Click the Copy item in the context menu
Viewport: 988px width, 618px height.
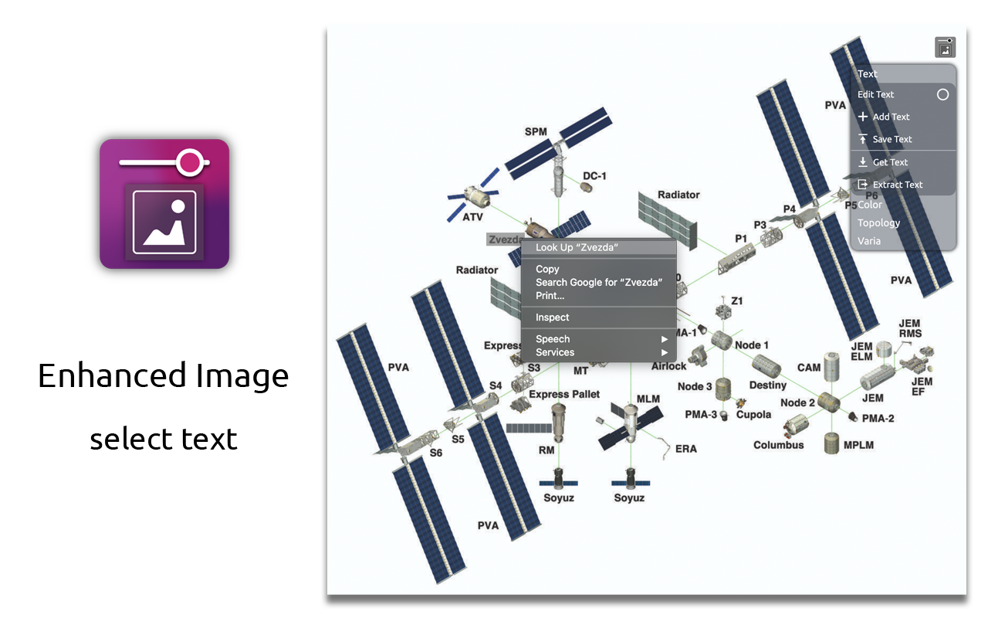pyautogui.click(x=547, y=270)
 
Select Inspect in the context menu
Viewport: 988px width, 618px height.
pyautogui.click(x=553, y=317)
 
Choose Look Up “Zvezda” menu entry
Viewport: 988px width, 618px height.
pyautogui.click(x=577, y=248)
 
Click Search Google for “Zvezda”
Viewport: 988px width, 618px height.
pyautogui.click(x=599, y=283)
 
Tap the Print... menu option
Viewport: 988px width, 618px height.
pyautogui.click(x=550, y=296)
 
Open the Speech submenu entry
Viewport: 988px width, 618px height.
pyautogui.click(x=553, y=339)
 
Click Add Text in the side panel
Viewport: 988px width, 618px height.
pyautogui.click(x=891, y=117)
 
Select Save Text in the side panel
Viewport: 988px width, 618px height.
pyautogui.click(x=892, y=140)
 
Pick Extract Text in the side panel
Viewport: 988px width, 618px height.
pyautogui.click(x=898, y=185)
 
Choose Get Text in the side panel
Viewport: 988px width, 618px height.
pyautogui.click(x=890, y=163)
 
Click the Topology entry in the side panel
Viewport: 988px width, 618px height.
pyautogui.click(x=878, y=223)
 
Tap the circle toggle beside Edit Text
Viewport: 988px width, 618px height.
pyautogui.click(x=942, y=94)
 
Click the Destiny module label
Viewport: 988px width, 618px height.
pyautogui.click(x=767, y=385)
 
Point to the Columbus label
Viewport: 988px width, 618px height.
pyautogui.click(x=778, y=445)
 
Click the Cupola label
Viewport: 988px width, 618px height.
pyautogui.click(x=753, y=415)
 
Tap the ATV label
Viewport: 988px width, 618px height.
pyautogui.click(x=472, y=218)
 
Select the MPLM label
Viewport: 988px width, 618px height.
pyautogui.click(x=858, y=446)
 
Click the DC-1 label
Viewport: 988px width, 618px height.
pyautogui.click(x=594, y=176)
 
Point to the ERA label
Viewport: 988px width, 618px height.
pyautogui.click(x=685, y=449)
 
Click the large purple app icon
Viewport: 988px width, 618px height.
pyautogui.click(x=164, y=204)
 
